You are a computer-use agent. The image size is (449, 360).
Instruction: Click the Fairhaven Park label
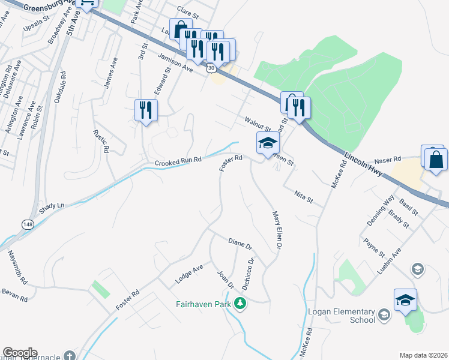(204, 304)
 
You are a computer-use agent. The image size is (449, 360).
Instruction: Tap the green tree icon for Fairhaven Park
(240, 304)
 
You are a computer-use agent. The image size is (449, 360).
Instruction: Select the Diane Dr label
(241, 244)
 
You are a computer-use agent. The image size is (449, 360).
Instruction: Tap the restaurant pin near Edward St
(146, 110)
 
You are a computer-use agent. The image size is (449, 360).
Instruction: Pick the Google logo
(20, 353)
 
